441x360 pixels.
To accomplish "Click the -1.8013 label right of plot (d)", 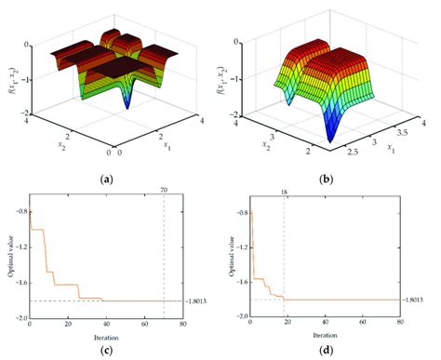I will pos(416,300).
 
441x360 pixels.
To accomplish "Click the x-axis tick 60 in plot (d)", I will pos(362,323).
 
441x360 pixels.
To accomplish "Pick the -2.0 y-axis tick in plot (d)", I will pos(236,316).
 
